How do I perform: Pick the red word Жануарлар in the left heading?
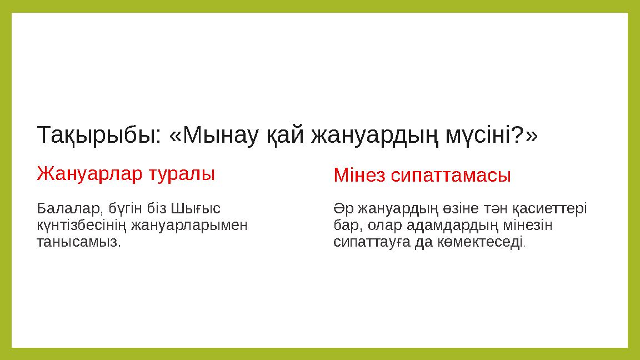click(89, 173)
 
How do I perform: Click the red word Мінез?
click(359, 176)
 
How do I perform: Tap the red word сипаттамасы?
click(451, 176)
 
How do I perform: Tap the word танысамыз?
click(78, 243)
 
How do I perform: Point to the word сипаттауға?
click(372, 243)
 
